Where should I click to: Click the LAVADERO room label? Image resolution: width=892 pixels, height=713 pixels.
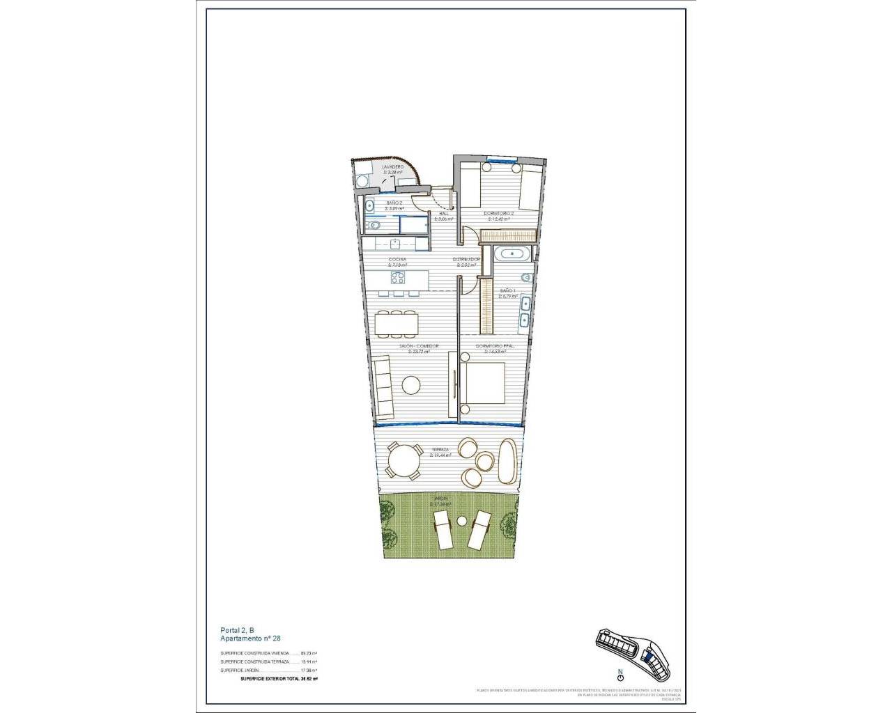pyautogui.click(x=393, y=167)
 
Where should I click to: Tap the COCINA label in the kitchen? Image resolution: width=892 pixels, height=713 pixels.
pyautogui.click(x=397, y=260)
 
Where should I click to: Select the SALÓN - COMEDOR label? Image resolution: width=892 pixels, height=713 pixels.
pyautogui.click(x=419, y=346)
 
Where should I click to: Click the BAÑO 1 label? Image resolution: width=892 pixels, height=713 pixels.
pyautogui.click(x=507, y=290)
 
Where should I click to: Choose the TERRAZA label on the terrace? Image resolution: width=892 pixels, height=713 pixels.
pyautogui.click(x=440, y=450)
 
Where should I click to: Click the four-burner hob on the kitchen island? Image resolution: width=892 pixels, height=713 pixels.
pyautogui.click(x=399, y=279)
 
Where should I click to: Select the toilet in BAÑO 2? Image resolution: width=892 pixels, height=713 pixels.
pyautogui.click(x=372, y=226)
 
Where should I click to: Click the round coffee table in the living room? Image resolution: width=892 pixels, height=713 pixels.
pyautogui.click(x=411, y=384)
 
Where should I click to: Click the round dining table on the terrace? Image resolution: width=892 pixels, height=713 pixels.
pyautogui.click(x=405, y=460)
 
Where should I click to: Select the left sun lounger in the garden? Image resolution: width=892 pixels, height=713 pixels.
pyautogui.click(x=443, y=529)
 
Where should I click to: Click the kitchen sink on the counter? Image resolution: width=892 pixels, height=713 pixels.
pyautogui.click(x=395, y=243)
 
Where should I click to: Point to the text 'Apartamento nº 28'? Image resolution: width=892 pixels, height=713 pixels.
pyautogui.click(x=250, y=638)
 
